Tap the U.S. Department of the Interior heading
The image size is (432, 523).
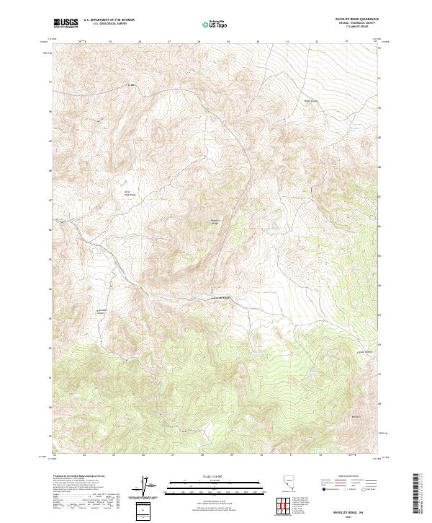tap(109, 20)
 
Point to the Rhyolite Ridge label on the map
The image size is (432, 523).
tap(215, 221)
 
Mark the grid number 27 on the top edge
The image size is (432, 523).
tap(169, 42)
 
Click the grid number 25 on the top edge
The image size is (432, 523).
tap(110, 42)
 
